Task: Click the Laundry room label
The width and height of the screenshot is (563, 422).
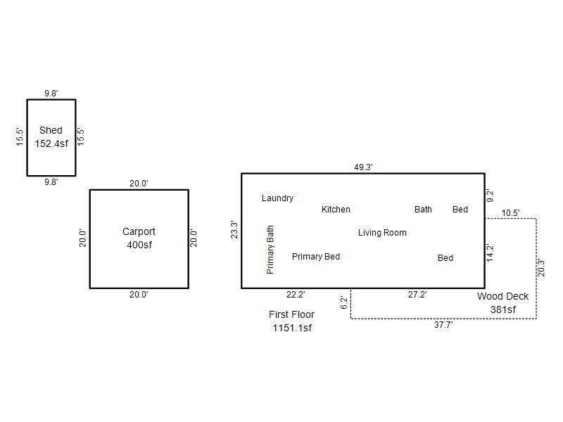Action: [277, 198]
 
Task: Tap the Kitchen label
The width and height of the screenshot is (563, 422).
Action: [336, 210]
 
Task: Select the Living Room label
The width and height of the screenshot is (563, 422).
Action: [382, 233]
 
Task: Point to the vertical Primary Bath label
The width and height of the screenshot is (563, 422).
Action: [271, 250]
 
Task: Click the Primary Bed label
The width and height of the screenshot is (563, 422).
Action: [316, 257]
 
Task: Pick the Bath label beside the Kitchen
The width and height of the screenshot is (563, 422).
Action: [423, 210]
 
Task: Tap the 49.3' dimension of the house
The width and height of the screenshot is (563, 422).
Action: [363, 167]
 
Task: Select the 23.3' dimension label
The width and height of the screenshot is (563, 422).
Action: [234, 230]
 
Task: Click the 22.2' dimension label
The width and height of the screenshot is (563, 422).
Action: [296, 295]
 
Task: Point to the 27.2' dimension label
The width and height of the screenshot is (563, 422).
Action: [417, 295]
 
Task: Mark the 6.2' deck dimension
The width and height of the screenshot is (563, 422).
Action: [344, 303]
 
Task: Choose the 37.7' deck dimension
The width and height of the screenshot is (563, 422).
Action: [443, 325]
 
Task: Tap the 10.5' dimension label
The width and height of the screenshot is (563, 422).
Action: [510, 213]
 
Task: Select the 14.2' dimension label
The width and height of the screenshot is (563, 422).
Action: [491, 252]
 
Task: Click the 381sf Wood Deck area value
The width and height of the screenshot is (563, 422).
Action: [502, 309]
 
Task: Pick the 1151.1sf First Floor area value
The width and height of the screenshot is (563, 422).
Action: [292, 328]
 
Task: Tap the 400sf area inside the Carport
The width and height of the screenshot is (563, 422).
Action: [139, 245]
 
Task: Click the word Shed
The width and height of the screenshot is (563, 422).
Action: [51, 130]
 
